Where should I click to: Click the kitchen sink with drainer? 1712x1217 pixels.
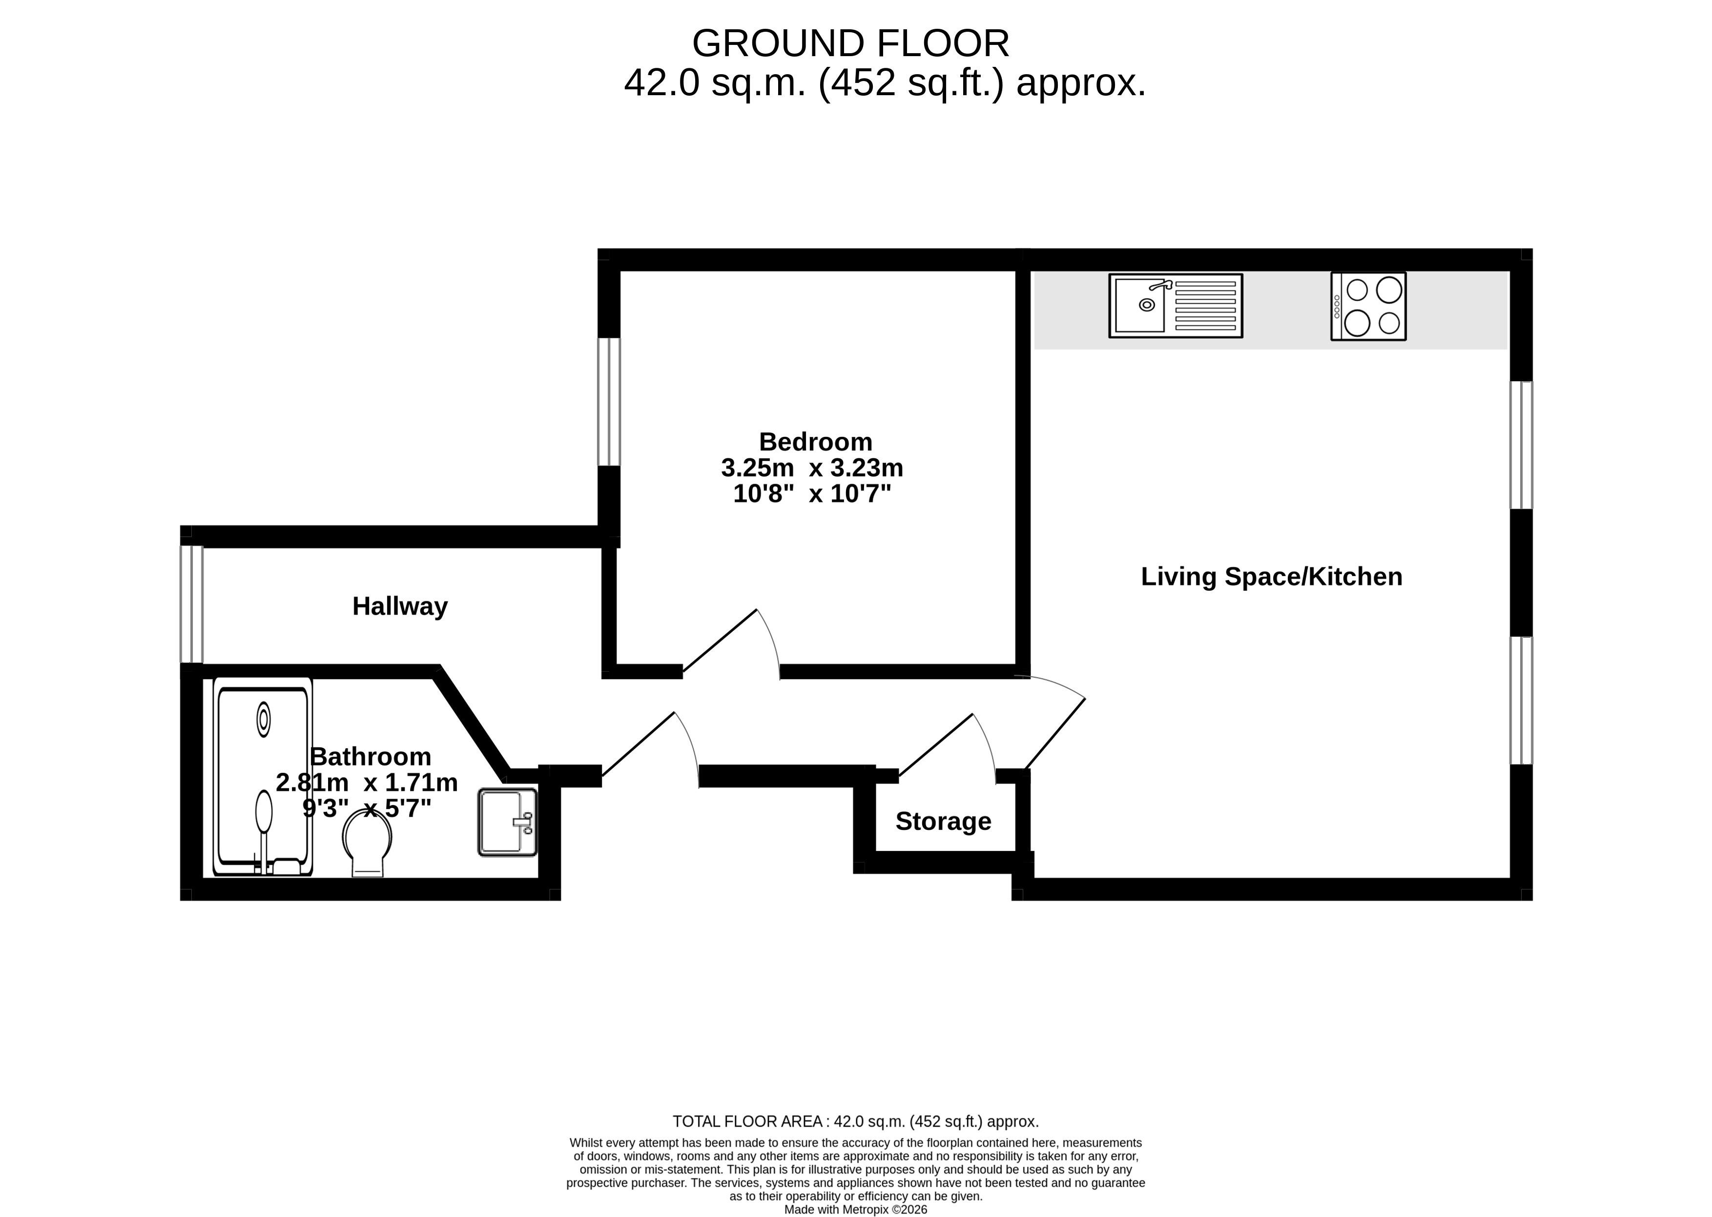pos(1176,305)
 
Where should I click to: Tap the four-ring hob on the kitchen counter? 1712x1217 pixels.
pos(1368,306)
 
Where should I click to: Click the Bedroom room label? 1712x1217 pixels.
pos(815,441)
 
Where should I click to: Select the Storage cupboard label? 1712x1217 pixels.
pos(943,821)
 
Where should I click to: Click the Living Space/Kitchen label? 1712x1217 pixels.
pos(1272,576)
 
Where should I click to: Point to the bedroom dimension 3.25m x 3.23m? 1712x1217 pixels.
pos(812,468)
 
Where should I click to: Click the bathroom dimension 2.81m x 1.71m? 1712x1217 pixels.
pos(367,783)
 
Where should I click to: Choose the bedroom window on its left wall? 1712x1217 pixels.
pos(609,402)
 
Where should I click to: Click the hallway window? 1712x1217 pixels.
pos(192,604)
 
